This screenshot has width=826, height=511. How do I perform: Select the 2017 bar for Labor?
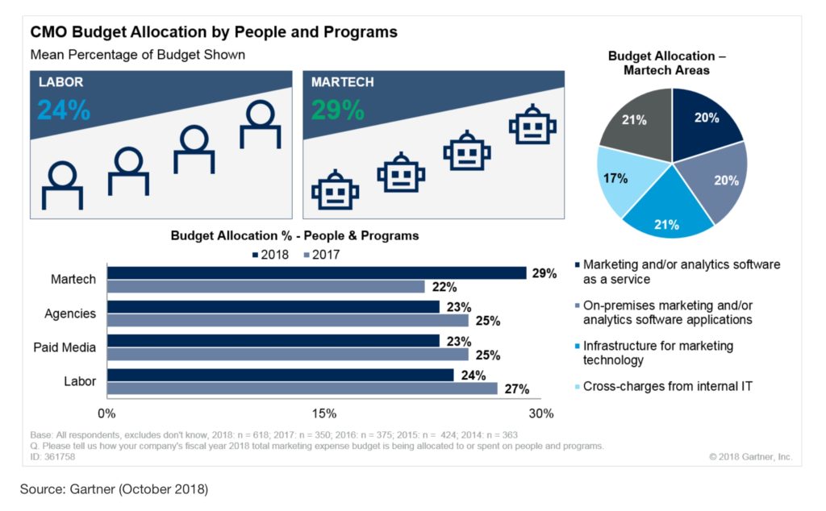tap(302, 388)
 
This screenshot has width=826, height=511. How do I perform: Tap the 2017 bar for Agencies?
tap(287, 320)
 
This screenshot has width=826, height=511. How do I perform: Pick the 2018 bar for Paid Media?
tap(273, 341)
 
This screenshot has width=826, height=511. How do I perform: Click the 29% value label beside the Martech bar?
tap(544, 273)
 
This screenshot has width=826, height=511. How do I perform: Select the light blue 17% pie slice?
tap(622, 181)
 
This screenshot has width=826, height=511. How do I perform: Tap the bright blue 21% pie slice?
tap(668, 214)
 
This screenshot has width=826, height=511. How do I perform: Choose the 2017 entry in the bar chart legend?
tap(321, 255)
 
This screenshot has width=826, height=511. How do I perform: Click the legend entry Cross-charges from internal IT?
tap(666, 386)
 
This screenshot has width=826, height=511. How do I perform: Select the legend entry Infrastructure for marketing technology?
tap(657, 353)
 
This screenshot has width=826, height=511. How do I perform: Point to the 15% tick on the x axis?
tap(323, 413)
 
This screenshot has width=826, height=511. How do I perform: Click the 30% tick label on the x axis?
tap(540, 413)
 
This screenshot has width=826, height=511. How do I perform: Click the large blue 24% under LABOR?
tap(64, 110)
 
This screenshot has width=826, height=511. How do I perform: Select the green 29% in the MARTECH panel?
tap(337, 110)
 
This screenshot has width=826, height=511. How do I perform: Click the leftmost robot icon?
tap(336, 190)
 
